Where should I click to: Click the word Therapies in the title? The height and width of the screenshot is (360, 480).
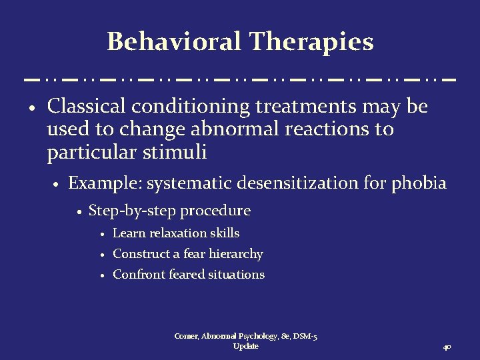311,42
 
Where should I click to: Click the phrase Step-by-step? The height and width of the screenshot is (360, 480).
133,211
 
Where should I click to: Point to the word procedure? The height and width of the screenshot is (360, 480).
215,211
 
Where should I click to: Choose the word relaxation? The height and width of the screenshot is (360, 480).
176,233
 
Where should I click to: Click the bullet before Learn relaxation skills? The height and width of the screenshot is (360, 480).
103,234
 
